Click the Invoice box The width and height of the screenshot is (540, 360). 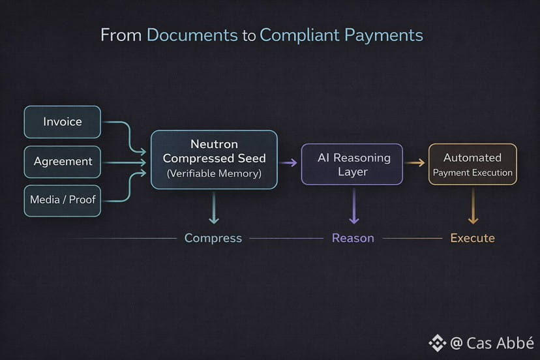[62, 122]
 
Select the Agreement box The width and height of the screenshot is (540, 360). [62, 162]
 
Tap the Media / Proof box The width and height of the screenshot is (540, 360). [62, 200]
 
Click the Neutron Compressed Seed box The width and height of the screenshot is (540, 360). [214, 159]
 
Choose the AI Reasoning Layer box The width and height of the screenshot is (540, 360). [352, 164]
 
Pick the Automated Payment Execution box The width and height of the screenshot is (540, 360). [472, 164]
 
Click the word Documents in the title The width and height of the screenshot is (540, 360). [192, 35]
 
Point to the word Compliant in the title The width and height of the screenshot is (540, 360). [297, 35]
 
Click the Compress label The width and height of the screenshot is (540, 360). [213, 238]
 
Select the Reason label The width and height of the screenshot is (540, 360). [353, 238]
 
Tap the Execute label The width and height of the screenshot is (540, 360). [472, 238]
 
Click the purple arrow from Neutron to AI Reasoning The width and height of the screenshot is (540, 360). [289, 162]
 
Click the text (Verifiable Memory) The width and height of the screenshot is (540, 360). [214, 174]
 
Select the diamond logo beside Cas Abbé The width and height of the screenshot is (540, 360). [436, 343]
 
